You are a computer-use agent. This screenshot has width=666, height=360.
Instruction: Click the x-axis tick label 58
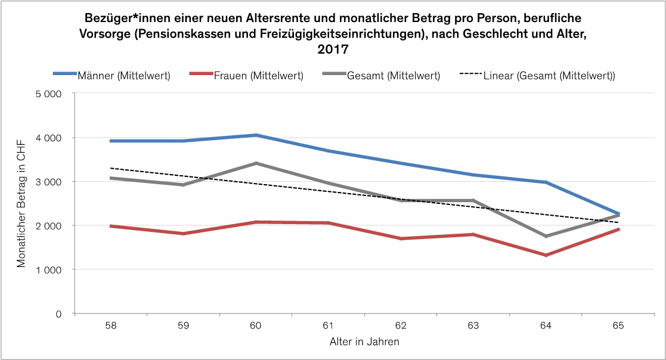(111, 326)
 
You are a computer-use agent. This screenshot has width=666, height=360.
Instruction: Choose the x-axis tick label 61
(329, 326)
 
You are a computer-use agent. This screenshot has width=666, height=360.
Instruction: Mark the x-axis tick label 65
(618, 326)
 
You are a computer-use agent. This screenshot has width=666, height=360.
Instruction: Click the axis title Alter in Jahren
(364, 342)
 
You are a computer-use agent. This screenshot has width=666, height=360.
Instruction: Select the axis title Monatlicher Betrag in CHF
(21, 203)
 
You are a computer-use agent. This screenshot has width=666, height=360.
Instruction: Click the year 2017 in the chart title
(333, 48)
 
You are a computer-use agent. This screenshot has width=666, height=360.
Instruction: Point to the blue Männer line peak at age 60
(256, 135)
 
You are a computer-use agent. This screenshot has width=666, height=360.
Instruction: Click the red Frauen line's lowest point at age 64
(546, 255)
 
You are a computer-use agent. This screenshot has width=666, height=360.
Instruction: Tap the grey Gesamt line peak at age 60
(256, 163)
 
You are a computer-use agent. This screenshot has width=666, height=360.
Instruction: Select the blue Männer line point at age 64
(546, 182)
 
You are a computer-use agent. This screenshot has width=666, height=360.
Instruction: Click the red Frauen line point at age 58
(111, 226)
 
